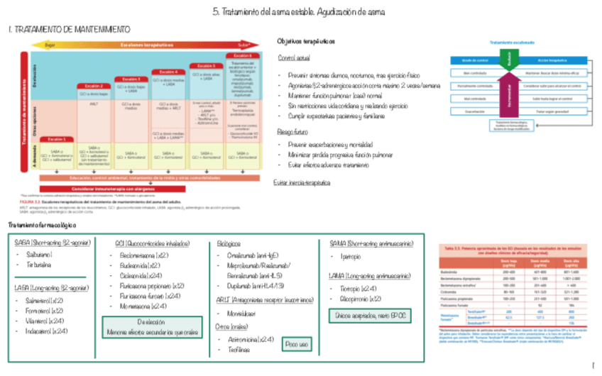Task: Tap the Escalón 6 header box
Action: click(x=241, y=55)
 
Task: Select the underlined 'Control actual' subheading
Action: click(x=293, y=58)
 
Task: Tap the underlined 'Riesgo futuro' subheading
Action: click(x=292, y=132)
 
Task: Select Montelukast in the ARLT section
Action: click(x=241, y=312)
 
